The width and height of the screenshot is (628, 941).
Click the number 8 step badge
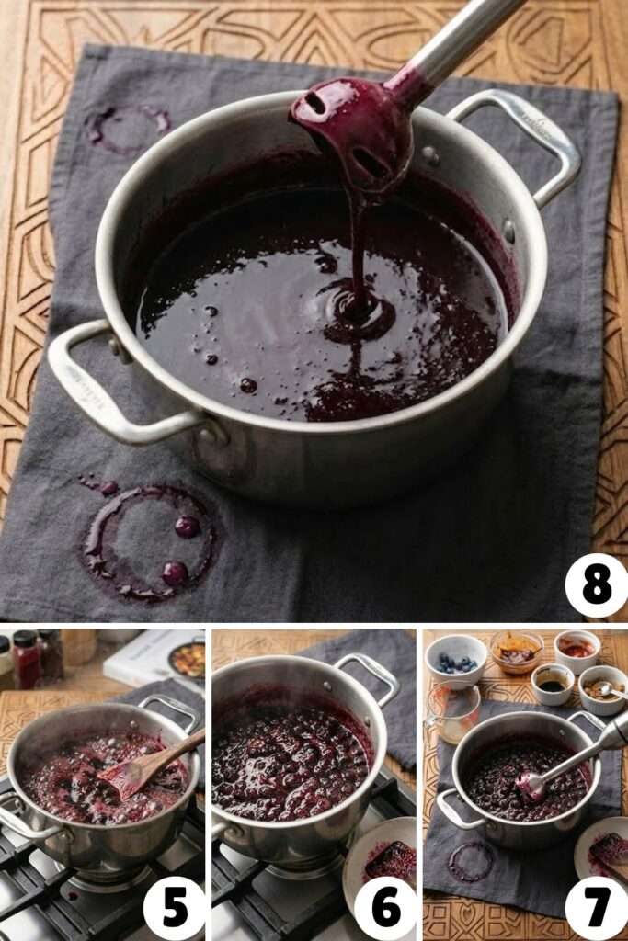pyautogui.click(x=596, y=585)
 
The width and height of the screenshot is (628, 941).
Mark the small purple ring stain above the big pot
pyautogui.click(x=129, y=127)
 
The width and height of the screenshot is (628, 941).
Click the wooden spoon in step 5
pyautogui.click(x=147, y=763)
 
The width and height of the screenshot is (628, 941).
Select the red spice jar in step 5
pyautogui.click(x=25, y=659)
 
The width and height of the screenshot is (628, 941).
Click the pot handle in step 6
pyautogui.click(x=368, y=675)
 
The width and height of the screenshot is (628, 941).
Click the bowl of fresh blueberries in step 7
pyautogui.click(x=457, y=659)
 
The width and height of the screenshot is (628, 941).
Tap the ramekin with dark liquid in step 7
pyautogui.click(x=554, y=685)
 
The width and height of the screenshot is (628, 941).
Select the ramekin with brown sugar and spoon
pyautogui.click(x=602, y=689)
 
